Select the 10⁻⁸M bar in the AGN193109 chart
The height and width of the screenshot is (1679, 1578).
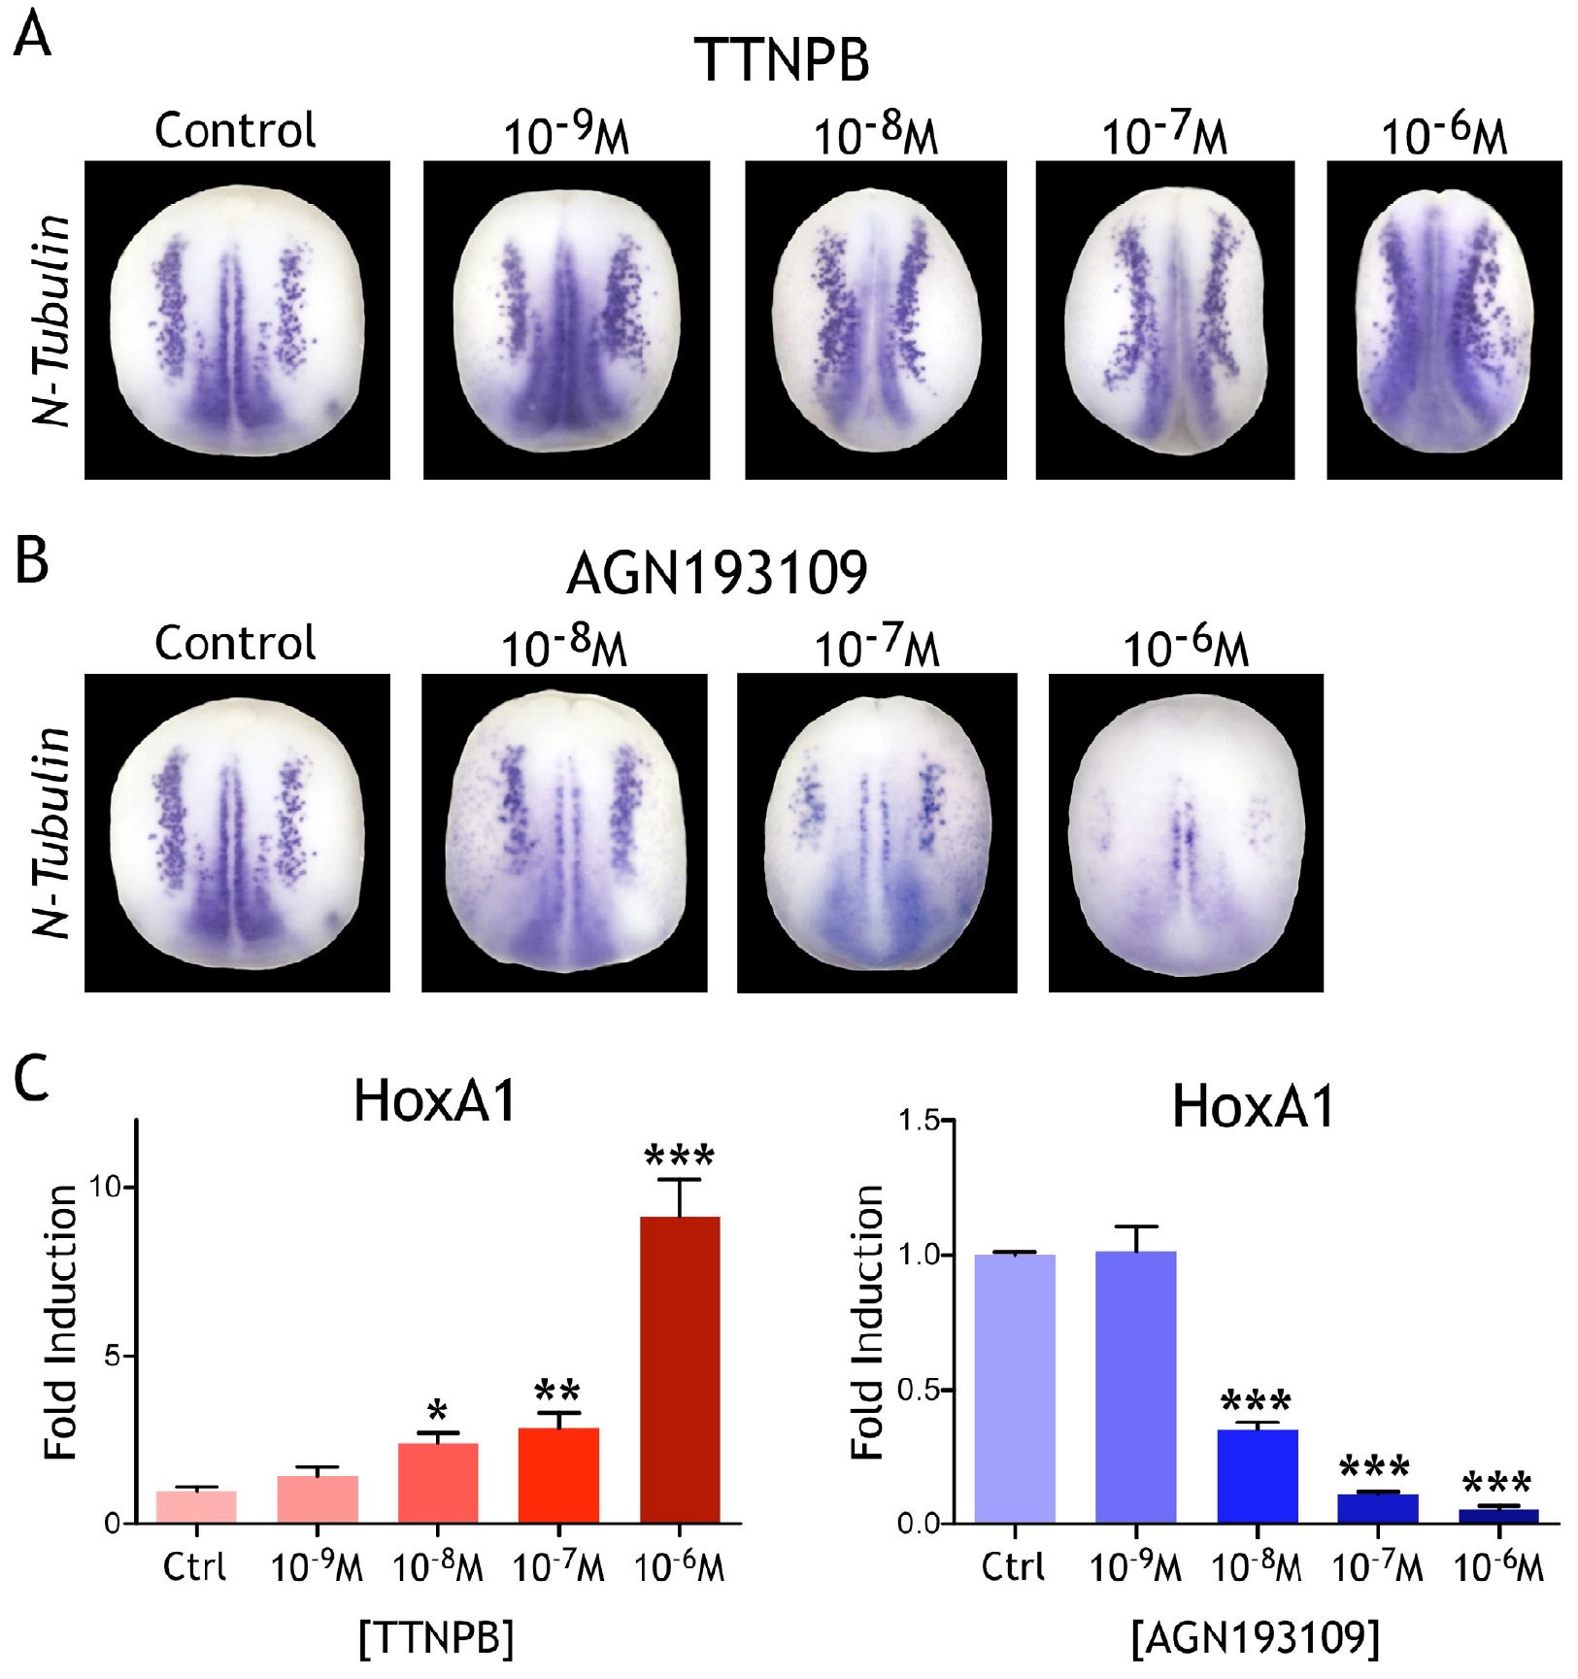click(1257, 1475)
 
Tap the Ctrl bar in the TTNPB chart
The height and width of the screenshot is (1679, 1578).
click(196, 1506)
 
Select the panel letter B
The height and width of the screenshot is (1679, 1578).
click(31, 560)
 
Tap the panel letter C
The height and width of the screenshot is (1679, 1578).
click(31, 1079)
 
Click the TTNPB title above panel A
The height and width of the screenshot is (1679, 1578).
click(782, 60)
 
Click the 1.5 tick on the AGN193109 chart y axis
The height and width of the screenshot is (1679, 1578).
click(920, 1122)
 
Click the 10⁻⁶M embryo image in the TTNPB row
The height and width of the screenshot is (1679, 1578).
click(1444, 320)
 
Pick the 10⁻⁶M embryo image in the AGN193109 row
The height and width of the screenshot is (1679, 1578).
click(1186, 832)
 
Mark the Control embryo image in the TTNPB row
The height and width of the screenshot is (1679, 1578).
click(237, 320)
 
